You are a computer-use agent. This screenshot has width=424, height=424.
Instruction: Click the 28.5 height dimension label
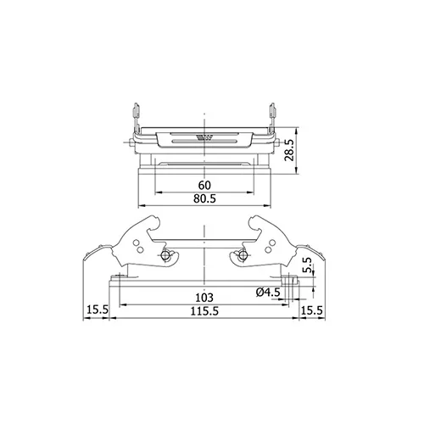pyautogui.click(x=289, y=150)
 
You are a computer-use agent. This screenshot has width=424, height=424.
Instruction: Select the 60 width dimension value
pyautogui.click(x=204, y=186)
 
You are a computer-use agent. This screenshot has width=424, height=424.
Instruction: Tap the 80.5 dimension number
pyautogui.click(x=204, y=198)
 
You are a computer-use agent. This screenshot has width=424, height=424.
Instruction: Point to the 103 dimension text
pyautogui.click(x=204, y=298)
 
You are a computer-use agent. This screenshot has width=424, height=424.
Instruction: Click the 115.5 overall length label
pyautogui.click(x=204, y=311)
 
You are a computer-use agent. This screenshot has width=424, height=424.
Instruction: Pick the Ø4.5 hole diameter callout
pyautogui.click(x=268, y=293)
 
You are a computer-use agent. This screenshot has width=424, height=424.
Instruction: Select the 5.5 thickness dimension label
pyautogui.click(x=307, y=265)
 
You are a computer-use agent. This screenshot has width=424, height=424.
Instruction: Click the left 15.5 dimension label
pyautogui.click(x=98, y=310)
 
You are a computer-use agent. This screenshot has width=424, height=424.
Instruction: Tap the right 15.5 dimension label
pyautogui.click(x=311, y=310)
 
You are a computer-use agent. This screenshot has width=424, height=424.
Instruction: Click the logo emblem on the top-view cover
pyautogui.click(x=204, y=138)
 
